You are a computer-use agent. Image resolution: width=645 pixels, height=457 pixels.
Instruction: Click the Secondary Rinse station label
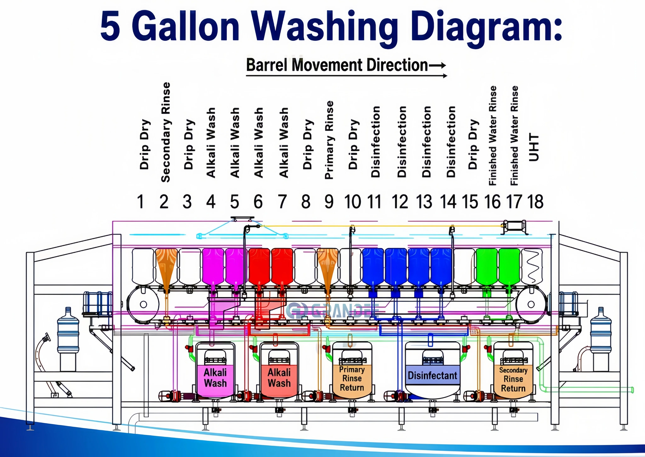coord(166,132)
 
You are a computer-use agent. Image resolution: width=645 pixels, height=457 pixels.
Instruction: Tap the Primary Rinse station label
coord(329,140)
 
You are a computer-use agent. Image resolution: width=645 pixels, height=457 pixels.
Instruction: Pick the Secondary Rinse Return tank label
coord(513,379)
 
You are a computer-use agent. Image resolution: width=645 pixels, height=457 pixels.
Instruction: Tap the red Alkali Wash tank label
coord(279,378)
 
